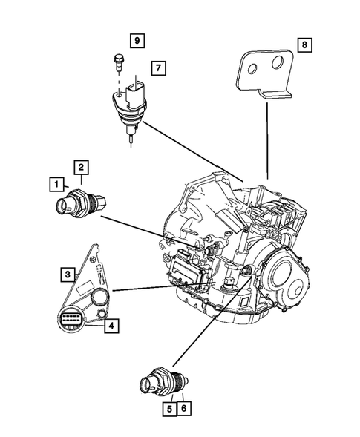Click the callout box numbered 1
55,183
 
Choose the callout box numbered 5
169,407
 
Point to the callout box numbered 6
183,407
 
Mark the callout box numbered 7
157,69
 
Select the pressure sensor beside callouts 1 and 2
79,203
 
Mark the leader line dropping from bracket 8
266,141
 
